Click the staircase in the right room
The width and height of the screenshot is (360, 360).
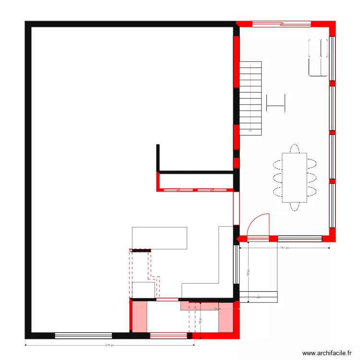coord(251,98)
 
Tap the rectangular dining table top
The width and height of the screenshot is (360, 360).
coord(294,177)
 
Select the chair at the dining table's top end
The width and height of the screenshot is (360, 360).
coord(294,147)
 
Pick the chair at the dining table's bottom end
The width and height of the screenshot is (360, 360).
coord(294,207)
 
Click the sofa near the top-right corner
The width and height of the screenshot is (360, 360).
coord(318,57)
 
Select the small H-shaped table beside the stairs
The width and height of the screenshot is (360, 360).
coord(276,101)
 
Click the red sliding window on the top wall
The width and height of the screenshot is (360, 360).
coord(281,23)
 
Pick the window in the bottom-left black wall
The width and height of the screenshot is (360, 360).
coord(83,336)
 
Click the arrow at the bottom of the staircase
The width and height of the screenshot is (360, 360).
coord(250,129)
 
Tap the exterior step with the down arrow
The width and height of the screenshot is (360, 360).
coord(258,297)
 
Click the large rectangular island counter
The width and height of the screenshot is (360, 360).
coord(159,238)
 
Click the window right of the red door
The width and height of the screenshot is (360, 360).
coord(300,239)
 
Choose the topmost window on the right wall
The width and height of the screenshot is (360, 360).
coord(332,58)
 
